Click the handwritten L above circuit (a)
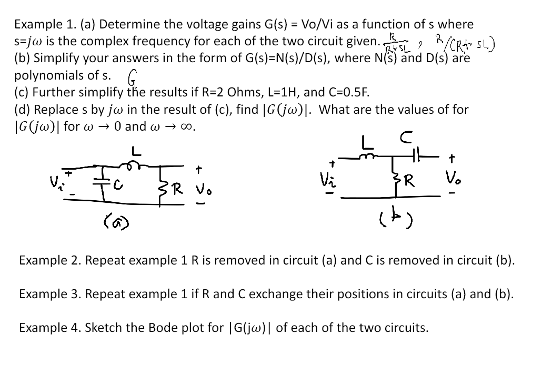click(136, 151)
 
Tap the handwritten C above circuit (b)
click(406, 138)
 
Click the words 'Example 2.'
click(49, 260)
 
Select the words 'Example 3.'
click(49, 294)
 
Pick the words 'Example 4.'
click(49, 328)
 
